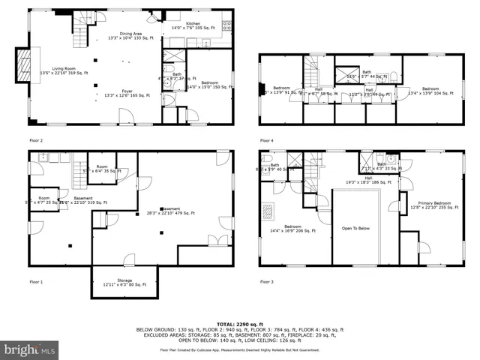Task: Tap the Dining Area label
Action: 131,34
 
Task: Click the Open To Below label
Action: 357,228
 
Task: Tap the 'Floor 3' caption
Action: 267,282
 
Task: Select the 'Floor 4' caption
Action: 267,140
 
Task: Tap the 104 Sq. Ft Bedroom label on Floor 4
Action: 430,91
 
